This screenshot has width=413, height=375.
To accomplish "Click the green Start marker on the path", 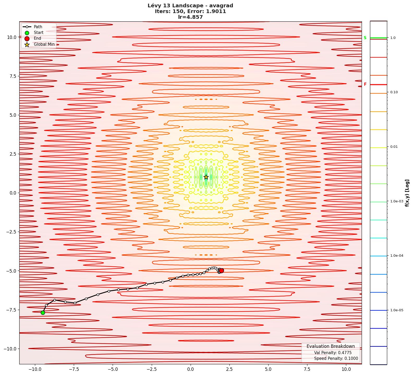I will [x=43, y=313].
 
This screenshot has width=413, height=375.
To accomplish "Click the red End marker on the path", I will [x=221, y=271].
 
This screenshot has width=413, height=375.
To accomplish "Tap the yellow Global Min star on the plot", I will [x=206, y=177].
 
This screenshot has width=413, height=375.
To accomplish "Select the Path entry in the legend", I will [x=38, y=27].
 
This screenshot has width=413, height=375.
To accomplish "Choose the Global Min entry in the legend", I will [x=44, y=44].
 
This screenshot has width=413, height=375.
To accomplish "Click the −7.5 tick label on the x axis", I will [x=74, y=369].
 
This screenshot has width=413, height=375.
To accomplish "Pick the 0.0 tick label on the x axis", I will [x=190, y=369].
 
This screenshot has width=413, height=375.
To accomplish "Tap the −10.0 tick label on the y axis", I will [x=10, y=349].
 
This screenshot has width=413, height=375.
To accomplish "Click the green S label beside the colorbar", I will [x=365, y=38].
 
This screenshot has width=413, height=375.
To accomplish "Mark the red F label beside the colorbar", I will [x=365, y=84].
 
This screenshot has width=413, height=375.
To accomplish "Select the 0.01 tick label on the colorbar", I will [x=394, y=147].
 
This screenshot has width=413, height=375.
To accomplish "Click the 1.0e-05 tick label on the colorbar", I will [x=397, y=310].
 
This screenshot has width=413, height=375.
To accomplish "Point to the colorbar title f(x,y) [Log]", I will [x=407, y=193].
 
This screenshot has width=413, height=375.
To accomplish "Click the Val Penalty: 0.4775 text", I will [x=333, y=353].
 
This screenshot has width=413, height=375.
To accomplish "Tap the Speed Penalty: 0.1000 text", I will [x=336, y=359].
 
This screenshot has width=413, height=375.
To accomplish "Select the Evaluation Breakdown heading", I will [x=331, y=346].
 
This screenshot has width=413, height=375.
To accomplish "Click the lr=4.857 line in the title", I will [x=190, y=17].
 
